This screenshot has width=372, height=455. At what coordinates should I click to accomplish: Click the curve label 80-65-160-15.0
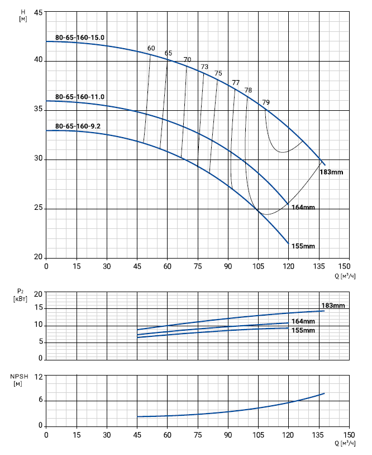coord(80,37)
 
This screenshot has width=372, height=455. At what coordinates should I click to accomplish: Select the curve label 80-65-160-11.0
coord(80,97)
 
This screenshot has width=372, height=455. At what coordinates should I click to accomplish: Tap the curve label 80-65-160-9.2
coord(78,126)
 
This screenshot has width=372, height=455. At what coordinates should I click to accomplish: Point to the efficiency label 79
coord(266,102)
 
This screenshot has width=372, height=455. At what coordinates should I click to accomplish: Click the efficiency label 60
coord(151,48)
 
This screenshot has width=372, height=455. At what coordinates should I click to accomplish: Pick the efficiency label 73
coord(204,67)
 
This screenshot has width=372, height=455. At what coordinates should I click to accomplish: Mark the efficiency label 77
coord(236,83)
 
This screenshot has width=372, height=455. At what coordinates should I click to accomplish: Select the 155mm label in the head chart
coord(303,246)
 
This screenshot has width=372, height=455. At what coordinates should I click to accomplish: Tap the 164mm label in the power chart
coord(303,321)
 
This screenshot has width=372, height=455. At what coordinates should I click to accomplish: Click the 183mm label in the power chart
coord(333,306)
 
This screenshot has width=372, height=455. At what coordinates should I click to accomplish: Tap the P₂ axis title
coord(20,294)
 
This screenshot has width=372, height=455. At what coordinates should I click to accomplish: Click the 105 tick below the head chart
coord(258,266)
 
